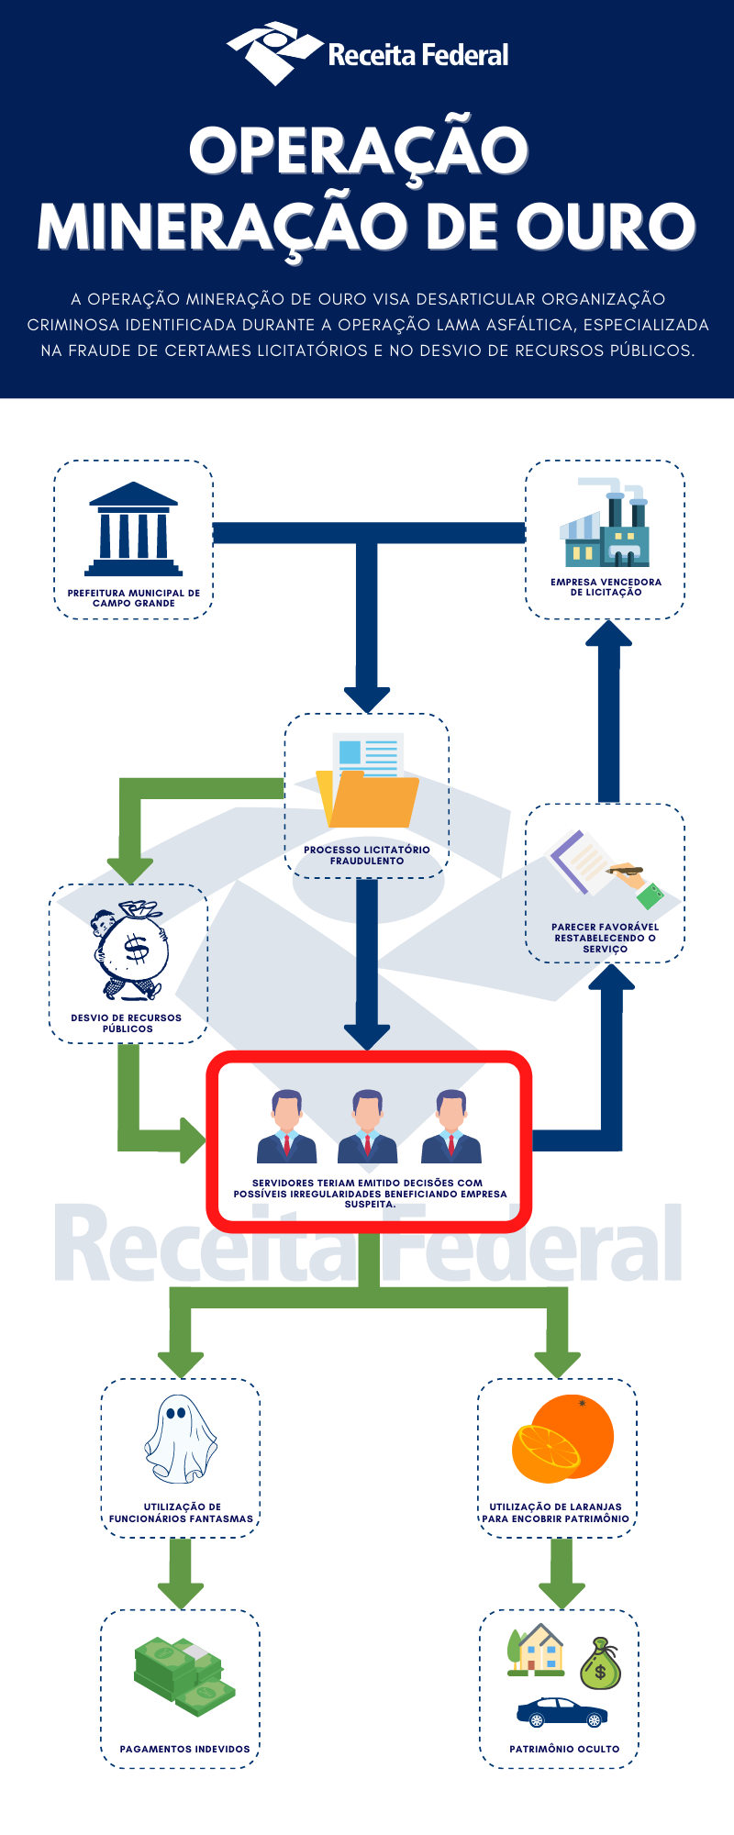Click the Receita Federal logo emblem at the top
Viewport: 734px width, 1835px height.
(274, 52)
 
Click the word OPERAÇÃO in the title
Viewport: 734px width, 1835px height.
(359, 151)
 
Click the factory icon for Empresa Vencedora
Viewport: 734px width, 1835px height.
(605, 524)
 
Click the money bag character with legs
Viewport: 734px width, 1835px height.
(131, 951)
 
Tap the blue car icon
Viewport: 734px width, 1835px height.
(562, 1712)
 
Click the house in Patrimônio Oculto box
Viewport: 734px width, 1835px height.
(537, 1651)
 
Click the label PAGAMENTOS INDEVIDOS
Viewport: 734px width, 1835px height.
(184, 1749)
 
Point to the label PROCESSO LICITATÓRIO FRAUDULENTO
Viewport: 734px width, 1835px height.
(367, 855)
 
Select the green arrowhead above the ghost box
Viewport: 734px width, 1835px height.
(181, 1363)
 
